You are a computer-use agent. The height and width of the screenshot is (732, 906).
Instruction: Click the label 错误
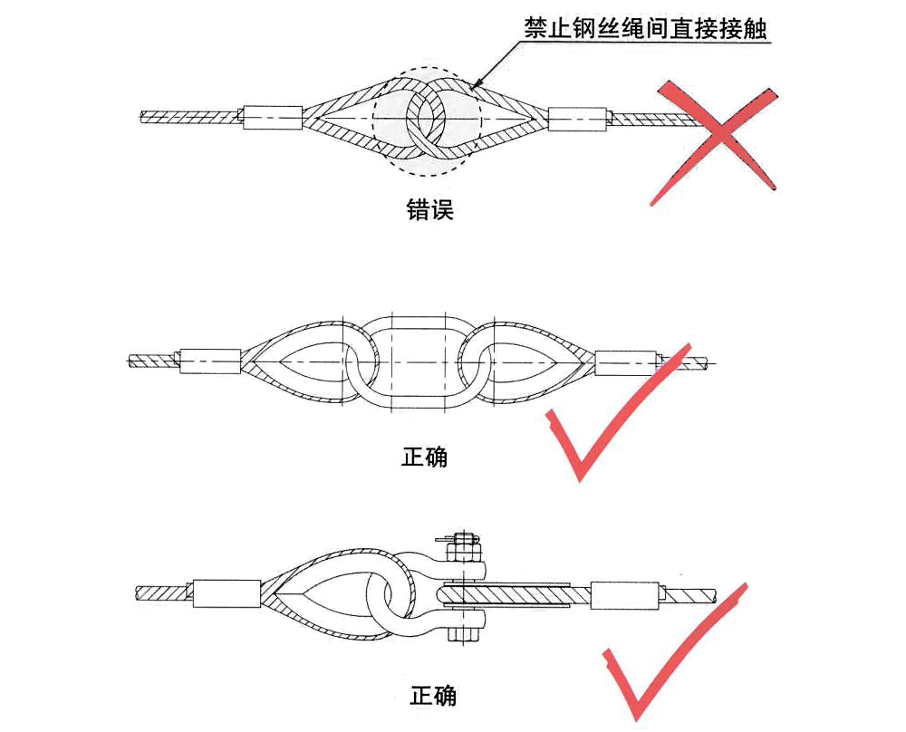click(430, 209)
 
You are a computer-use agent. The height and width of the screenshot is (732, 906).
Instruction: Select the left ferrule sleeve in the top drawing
click(273, 117)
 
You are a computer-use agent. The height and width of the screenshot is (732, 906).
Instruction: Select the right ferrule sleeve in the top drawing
click(577, 119)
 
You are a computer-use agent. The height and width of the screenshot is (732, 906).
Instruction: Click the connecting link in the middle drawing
click(419, 363)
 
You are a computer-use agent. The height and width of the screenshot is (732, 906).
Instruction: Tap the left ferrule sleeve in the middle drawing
click(210, 361)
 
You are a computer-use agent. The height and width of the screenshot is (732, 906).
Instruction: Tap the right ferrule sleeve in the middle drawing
click(627, 362)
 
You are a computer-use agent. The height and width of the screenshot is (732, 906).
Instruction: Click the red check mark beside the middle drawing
click(617, 412)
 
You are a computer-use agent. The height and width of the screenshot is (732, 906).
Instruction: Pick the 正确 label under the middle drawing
click(425, 457)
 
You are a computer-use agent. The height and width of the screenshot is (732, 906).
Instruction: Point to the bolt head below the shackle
click(465, 635)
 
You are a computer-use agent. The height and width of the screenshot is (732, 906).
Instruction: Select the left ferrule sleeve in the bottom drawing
click(225, 593)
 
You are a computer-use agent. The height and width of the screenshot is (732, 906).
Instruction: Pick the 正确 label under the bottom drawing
click(433, 695)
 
